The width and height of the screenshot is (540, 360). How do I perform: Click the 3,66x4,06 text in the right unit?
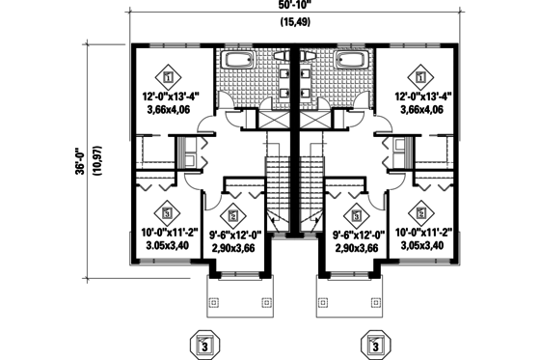421,110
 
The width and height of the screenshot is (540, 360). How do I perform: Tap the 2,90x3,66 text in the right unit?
358,248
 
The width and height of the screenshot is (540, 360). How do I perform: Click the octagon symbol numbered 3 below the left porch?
202,343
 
